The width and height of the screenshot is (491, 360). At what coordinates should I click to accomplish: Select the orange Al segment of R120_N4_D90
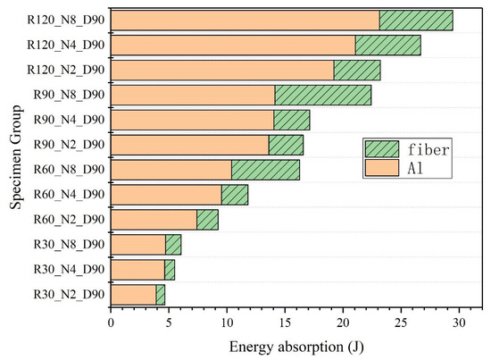(232, 46)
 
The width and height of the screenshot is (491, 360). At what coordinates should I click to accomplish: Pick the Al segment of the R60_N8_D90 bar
(171, 170)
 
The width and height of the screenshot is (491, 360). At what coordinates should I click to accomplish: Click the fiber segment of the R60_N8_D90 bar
(265, 170)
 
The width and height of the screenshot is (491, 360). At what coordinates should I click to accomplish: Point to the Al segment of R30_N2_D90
(133, 294)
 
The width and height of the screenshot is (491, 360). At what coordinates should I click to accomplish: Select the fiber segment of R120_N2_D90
(356, 71)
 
